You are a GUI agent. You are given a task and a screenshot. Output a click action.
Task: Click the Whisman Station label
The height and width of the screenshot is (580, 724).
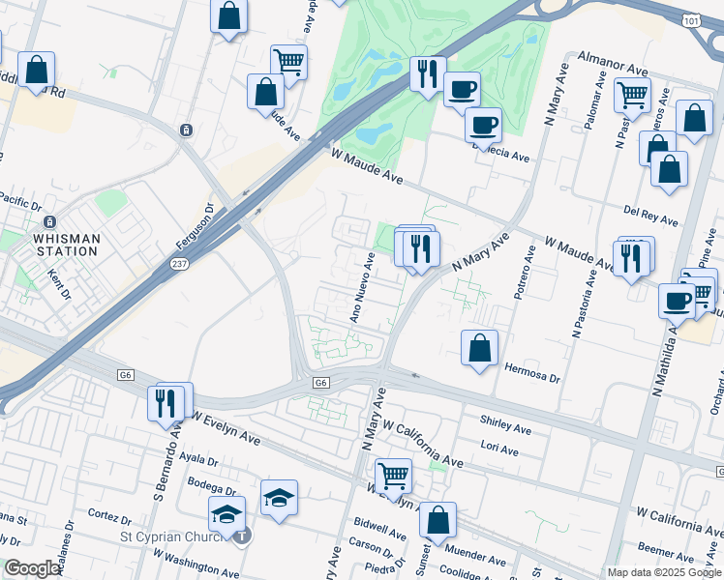[65, 244]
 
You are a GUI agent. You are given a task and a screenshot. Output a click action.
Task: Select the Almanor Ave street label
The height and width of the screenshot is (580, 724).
[612, 65]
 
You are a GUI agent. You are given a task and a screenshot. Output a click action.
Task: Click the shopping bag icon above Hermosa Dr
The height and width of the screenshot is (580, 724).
[479, 348]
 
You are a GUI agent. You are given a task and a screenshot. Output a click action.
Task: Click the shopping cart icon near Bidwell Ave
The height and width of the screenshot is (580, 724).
[393, 475]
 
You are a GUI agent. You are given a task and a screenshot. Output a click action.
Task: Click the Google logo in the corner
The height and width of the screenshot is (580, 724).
[32, 568]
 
